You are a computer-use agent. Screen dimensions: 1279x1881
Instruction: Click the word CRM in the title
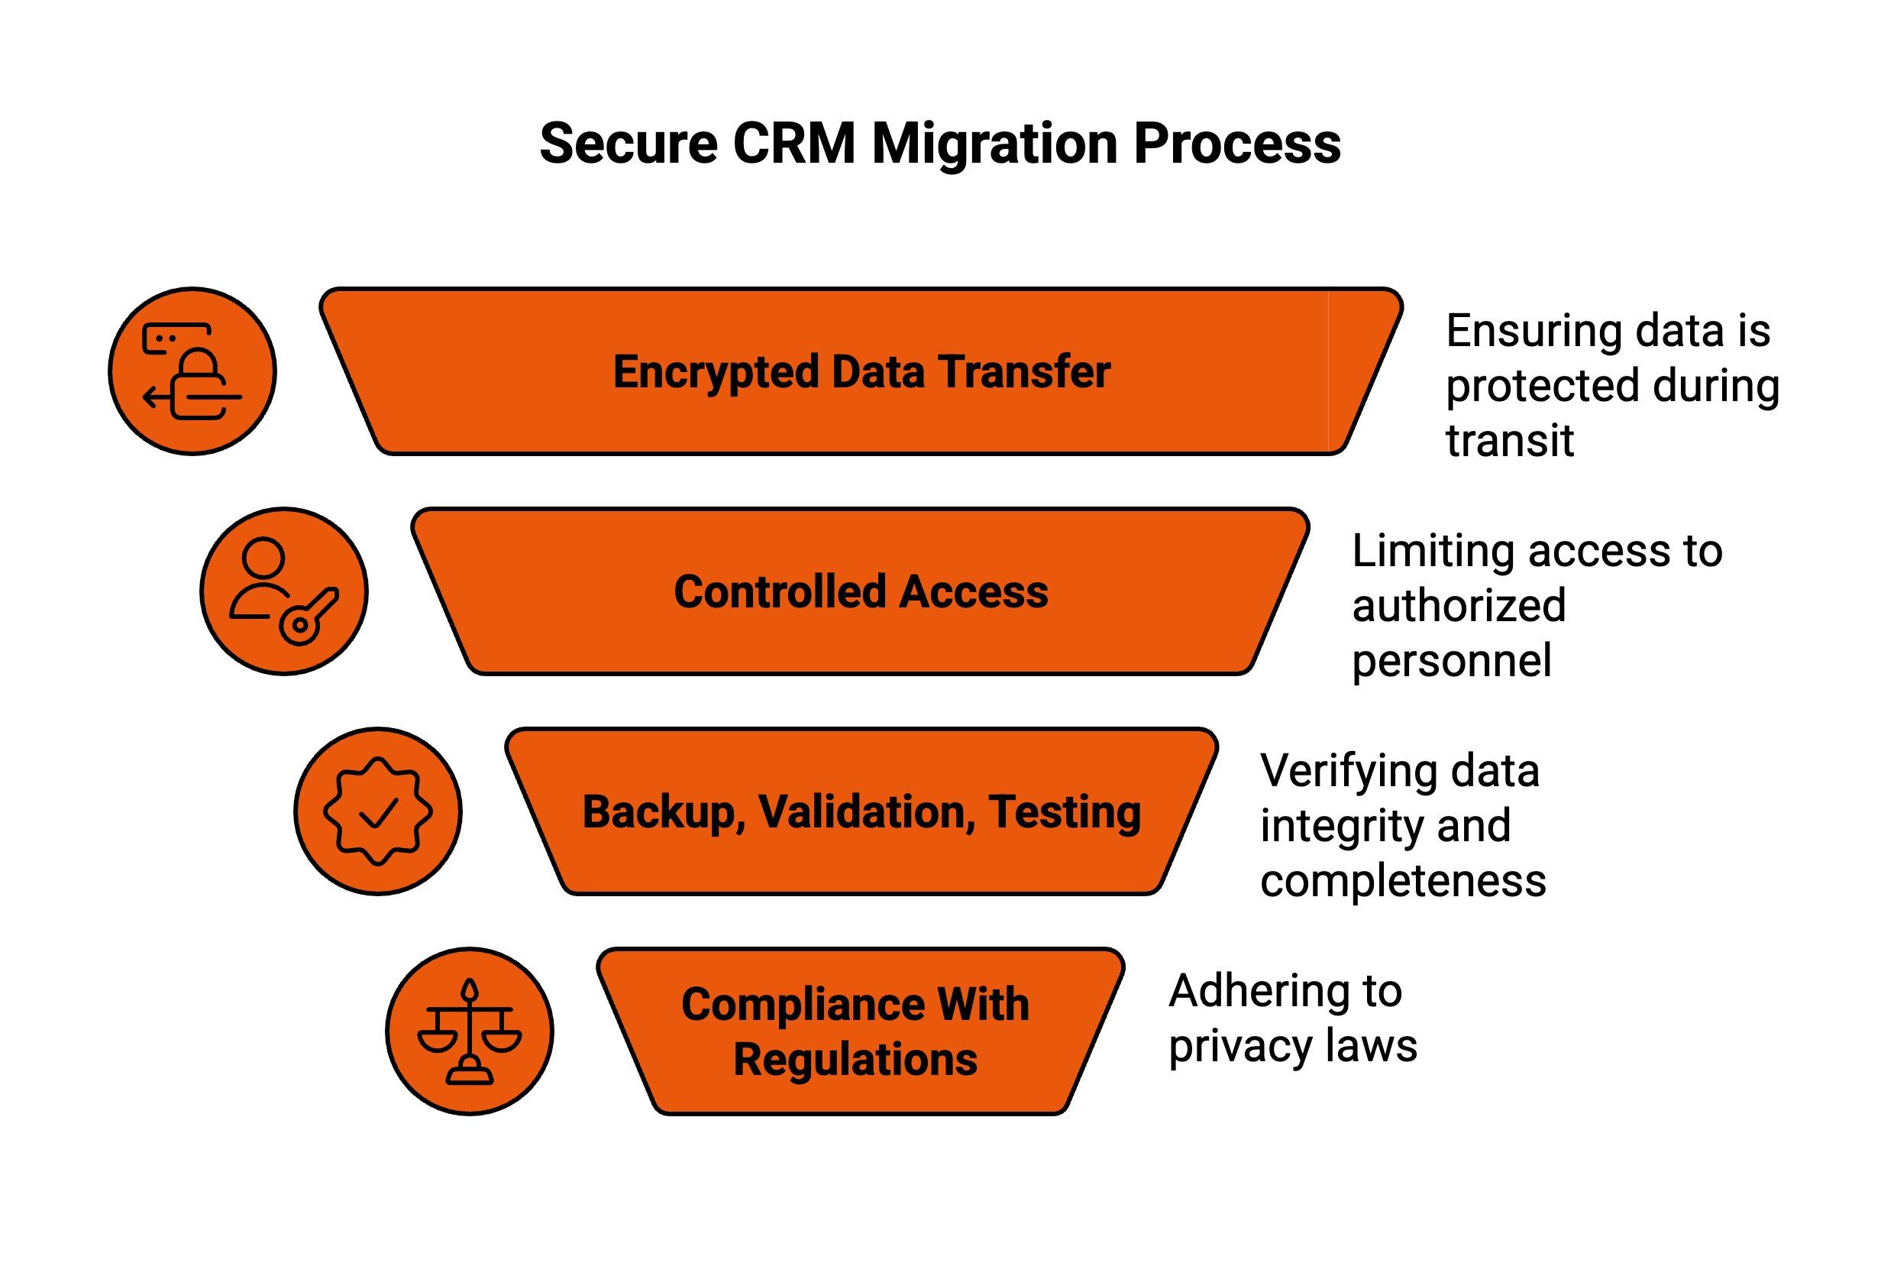point(793,144)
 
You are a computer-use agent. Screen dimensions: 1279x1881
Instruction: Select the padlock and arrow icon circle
point(192,371)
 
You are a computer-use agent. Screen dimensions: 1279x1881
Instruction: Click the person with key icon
point(284,591)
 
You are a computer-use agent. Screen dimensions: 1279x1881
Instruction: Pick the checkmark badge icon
point(378,811)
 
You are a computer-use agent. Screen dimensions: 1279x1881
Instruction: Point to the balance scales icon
point(470,1031)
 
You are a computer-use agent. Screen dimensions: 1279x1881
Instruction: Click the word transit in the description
point(1510,441)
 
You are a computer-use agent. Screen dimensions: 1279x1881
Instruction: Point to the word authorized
point(1459,606)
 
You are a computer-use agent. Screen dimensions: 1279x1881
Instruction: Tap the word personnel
point(1451,661)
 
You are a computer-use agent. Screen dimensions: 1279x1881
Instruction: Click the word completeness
point(1403,881)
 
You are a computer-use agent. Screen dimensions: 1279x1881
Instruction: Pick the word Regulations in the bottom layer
point(855,1060)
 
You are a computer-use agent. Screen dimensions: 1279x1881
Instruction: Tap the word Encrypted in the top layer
point(716,372)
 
